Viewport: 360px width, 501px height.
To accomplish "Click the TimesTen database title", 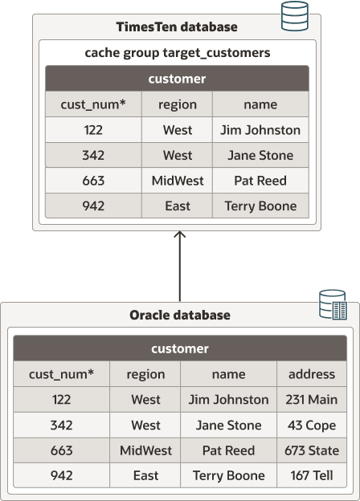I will (177, 26).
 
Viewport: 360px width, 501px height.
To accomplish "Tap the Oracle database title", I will (180, 315).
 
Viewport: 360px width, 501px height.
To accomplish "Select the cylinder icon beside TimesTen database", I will (294, 16).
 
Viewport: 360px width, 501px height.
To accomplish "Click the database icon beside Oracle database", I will (332, 305).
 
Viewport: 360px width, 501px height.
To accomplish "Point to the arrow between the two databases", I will (180, 265).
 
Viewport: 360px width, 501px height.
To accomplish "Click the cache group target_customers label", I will (177, 53).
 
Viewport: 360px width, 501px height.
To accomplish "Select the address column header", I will (311, 373).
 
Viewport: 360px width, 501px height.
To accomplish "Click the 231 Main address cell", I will (311, 399).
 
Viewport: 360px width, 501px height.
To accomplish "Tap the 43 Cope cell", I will (311, 425).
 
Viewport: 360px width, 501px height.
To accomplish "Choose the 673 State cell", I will (311, 450).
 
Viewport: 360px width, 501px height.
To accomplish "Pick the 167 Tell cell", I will (311, 476).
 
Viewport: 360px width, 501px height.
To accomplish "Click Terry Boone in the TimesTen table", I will (260, 206).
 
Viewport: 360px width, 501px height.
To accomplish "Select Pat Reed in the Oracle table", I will (228, 450).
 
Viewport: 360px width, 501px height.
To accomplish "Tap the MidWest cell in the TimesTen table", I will (178, 181).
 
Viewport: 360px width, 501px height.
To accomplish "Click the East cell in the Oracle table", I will (145, 476).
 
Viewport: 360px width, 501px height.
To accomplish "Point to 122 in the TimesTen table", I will (93, 129).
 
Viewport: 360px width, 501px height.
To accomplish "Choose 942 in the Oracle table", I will (61, 476).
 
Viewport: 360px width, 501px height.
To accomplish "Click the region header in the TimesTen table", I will (178, 104).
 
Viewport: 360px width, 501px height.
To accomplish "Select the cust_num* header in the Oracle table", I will (61, 373).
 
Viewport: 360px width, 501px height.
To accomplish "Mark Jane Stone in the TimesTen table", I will (260, 155).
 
